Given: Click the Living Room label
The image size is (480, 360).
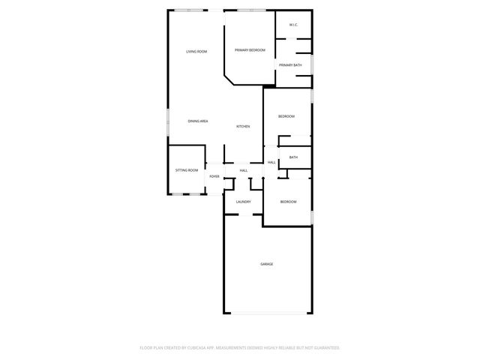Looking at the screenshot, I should point(196,51).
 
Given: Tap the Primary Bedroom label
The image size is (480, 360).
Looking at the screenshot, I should point(250,49).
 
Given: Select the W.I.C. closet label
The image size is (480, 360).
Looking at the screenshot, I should point(293,25).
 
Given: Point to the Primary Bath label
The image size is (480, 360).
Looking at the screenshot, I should point(291,65).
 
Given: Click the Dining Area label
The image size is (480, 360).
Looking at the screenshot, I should point(198,121).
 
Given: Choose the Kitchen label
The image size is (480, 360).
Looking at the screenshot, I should point(243,126).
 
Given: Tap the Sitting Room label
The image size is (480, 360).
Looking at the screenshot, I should point(187,170).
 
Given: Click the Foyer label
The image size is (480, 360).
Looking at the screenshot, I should point(214,176).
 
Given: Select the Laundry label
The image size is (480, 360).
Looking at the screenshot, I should point(243,202).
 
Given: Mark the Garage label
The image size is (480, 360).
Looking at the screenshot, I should point(266,264).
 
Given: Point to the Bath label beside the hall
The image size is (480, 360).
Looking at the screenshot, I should point(293,157).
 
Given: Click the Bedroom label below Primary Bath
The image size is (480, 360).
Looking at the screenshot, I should point(286,116).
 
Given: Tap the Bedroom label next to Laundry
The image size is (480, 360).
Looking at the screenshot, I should point(289,202).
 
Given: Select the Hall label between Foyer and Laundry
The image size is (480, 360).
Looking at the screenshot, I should point(244,171).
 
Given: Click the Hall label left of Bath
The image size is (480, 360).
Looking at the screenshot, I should point(271,162).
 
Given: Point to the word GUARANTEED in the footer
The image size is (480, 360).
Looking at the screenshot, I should point(324,348).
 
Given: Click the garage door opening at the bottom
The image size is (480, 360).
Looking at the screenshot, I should point(267,313).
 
